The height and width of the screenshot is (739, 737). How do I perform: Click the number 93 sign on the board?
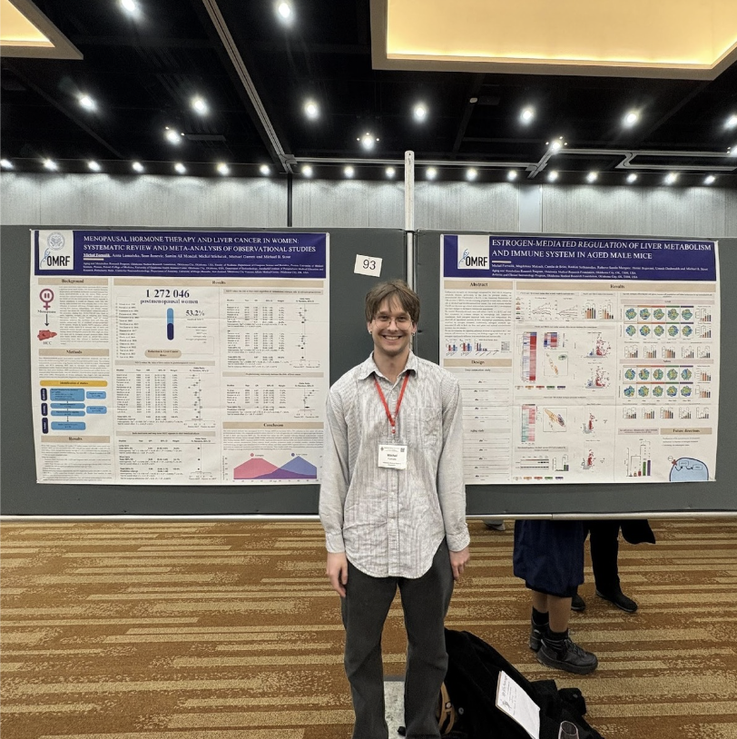click(x=368, y=265)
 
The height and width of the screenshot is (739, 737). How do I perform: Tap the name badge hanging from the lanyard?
click(x=392, y=455)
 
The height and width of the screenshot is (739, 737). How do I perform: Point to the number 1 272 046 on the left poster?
click(x=167, y=293)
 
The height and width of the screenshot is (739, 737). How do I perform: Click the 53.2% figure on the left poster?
click(x=195, y=313)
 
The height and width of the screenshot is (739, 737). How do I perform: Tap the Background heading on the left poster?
click(x=73, y=281)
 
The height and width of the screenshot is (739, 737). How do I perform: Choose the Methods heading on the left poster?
click(x=74, y=351)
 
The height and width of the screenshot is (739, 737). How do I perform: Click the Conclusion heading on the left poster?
click(x=272, y=424)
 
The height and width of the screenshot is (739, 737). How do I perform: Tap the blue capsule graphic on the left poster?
click(x=170, y=323)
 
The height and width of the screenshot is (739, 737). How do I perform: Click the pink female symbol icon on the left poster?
click(x=46, y=297)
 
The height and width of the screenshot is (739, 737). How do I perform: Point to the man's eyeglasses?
click(x=392, y=320)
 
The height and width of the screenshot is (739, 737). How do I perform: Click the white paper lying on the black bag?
click(x=517, y=704)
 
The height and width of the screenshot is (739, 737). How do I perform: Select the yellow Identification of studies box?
click(x=73, y=383)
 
